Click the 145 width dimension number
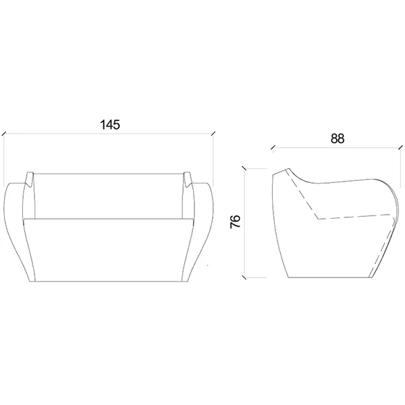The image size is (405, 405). point(110,125)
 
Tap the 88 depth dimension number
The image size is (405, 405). point(337,138)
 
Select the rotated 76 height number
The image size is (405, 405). point(236,221)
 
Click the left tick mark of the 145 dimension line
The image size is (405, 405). point(4,134)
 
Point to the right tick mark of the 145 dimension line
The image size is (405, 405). point(213,133)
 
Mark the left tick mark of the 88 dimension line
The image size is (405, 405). point(273,148)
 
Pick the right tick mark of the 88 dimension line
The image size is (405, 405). point(400,147)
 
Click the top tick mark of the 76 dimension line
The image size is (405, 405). point(244,168)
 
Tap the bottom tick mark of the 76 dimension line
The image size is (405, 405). point(244,277)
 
